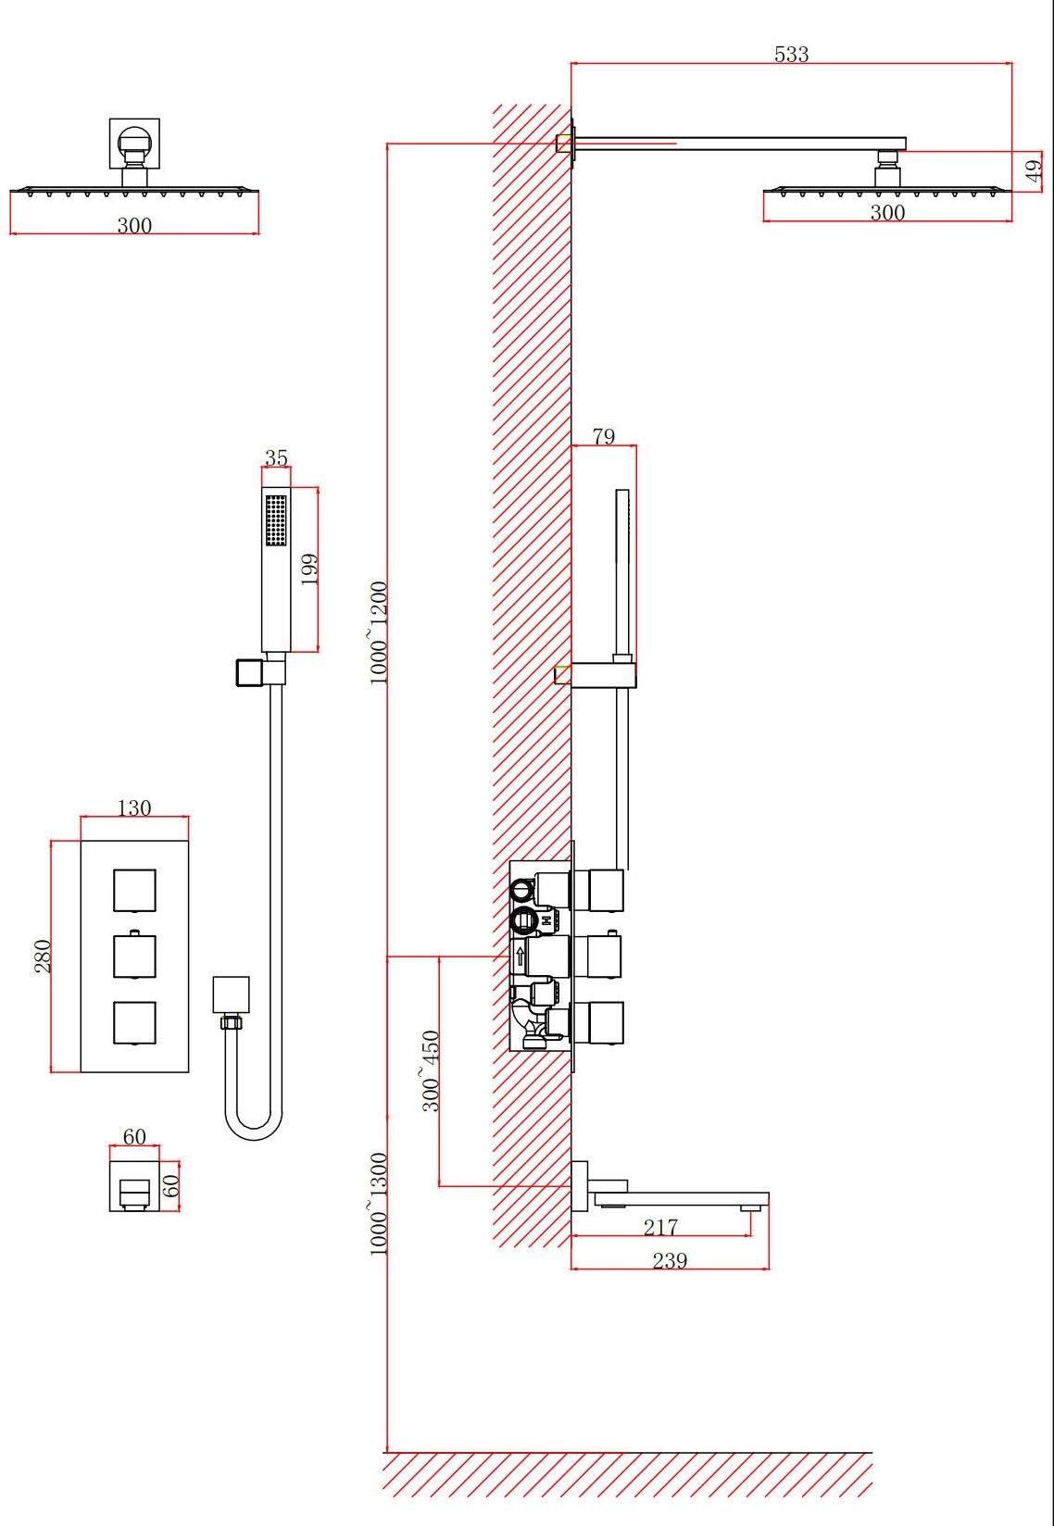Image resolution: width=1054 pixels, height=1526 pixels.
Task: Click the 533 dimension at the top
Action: point(791,54)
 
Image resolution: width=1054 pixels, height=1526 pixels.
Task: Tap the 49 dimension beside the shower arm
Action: point(1034,170)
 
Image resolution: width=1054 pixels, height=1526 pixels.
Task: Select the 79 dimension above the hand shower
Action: point(604,436)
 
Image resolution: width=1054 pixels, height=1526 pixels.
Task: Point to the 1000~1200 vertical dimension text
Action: point(378,632)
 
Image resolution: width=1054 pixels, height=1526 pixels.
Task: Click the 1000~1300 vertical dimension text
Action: point(378,1203)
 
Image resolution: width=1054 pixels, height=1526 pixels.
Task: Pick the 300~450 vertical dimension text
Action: point(431,1070)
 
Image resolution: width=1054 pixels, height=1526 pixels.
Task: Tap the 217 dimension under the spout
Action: point(661,1227)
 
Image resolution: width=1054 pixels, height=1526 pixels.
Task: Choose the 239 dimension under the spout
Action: point(670,1260)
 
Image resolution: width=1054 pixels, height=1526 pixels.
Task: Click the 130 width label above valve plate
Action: point(134,807)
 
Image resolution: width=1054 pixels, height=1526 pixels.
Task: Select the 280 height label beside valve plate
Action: point(43,956)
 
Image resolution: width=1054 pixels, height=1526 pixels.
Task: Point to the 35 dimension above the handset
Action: point(276,457)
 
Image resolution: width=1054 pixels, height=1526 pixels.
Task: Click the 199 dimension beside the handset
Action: point(309,569)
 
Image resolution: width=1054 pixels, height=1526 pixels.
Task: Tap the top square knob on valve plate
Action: point(135,891)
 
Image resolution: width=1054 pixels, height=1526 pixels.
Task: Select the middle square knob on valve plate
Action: point(135,956)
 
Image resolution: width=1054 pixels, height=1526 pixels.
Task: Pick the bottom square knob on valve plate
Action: point(135,1022)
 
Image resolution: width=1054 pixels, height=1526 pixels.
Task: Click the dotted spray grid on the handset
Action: point(276,519)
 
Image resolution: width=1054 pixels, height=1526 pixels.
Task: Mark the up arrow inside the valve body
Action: point(521,956)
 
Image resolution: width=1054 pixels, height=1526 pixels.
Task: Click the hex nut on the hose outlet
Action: point(231,1021)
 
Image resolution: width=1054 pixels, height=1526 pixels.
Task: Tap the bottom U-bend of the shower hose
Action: point(254,1132)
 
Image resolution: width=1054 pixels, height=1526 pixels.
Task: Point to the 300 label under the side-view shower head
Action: point(887,213)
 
